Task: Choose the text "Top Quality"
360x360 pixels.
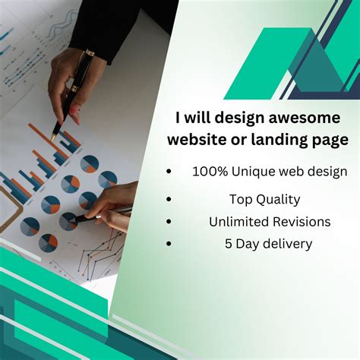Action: point(264,200)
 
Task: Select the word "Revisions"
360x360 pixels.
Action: point(304,222)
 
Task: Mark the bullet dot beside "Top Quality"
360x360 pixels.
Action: point(169,200)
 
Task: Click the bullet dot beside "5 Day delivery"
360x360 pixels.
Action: point(169,244)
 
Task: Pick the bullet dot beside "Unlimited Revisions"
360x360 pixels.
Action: point(169,222)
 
